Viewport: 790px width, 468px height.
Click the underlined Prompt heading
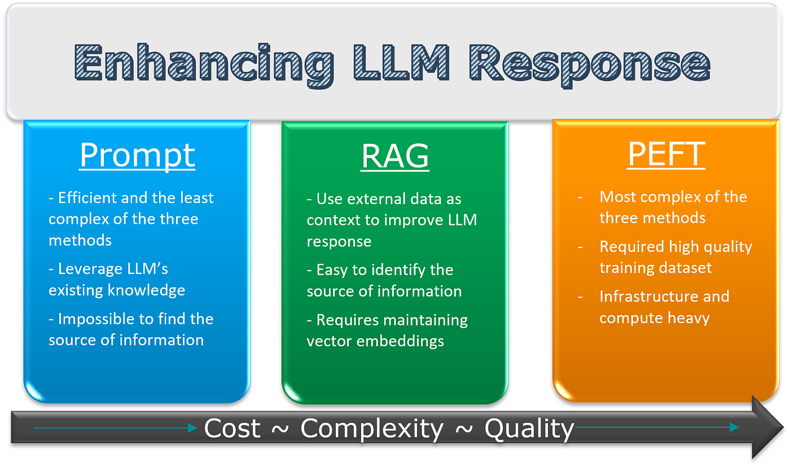pos(137,155)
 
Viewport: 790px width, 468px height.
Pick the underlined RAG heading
pos(395,156)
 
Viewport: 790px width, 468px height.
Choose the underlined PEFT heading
pos(666,154)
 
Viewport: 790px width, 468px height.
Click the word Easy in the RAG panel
pos(332,270)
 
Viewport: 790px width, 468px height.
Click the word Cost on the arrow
pos(232,429)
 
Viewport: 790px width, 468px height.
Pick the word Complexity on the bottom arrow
pos(372,429)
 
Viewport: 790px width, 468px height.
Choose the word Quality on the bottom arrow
pos(529,429)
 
